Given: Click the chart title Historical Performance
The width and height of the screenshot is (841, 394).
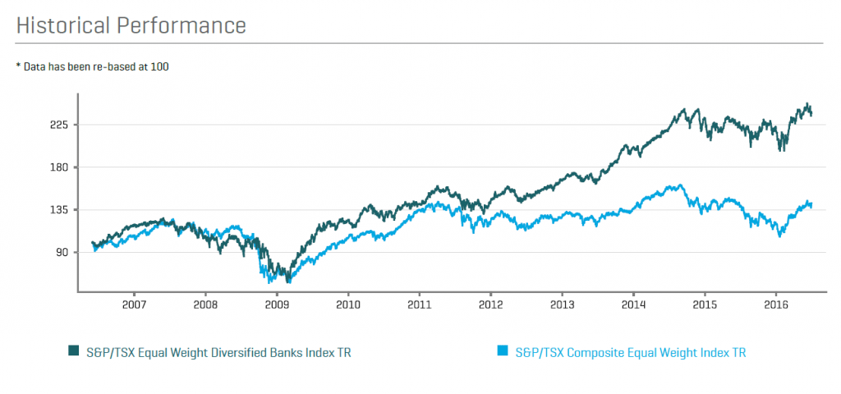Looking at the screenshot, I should [x=131, y=25].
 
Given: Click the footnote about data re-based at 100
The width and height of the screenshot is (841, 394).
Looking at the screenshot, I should [x=92, y=66].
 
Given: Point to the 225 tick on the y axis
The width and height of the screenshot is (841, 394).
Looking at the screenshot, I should [x=58, y=125].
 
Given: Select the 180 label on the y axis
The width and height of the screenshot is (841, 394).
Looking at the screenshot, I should [x=58, y=167].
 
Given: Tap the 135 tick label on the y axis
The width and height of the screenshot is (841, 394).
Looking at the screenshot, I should [x=58, y=210].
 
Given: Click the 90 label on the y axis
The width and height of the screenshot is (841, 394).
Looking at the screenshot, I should [x=62, y=253].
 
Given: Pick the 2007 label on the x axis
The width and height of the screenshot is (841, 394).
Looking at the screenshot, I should [x=134, y=305].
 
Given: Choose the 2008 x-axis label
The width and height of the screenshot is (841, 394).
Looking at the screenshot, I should [x=205, y=305].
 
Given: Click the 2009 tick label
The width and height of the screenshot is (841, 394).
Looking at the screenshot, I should [x=277, y=305].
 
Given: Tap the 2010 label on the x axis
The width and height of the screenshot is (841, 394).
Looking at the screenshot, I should [x=348, y=305].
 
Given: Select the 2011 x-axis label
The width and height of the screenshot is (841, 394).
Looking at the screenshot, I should [x=420, y=305].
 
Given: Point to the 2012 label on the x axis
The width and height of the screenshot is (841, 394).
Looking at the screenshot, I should [x=490, y=305].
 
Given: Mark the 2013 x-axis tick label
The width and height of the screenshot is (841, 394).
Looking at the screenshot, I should [x=562, y=305].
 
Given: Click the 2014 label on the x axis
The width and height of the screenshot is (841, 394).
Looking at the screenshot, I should [x=633, y=305].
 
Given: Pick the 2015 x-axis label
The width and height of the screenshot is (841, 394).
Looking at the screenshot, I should [x=705, y=305].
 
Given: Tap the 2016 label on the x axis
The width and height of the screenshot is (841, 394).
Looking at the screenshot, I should [x=776, y=305].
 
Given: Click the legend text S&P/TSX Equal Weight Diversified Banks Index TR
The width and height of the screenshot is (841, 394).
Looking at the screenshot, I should [x=223, y=352].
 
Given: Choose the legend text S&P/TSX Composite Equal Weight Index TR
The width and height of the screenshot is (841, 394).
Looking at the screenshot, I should [x=631, y=352].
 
